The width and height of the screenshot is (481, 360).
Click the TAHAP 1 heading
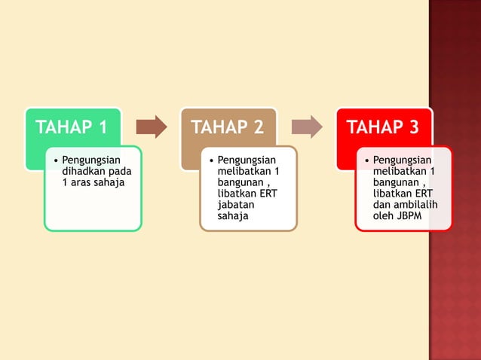point(72,127)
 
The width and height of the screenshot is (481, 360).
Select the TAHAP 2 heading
point(227,127)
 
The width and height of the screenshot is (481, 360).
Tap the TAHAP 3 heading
point(382,127)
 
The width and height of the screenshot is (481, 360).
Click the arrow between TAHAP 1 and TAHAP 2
point(152,127)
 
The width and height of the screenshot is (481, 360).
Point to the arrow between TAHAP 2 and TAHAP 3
point(307,127)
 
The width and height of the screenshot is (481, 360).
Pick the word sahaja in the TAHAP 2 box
point(232,216)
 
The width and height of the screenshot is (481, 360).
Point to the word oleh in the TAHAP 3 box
point(384,216)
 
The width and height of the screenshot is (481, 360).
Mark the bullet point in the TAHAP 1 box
point(55,160)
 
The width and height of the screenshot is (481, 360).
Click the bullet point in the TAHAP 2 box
point(210,160)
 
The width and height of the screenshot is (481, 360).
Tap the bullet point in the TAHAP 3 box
point(366,160)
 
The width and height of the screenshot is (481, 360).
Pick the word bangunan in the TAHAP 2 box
point(239,182)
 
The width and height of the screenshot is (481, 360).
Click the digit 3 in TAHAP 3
point(413,127)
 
